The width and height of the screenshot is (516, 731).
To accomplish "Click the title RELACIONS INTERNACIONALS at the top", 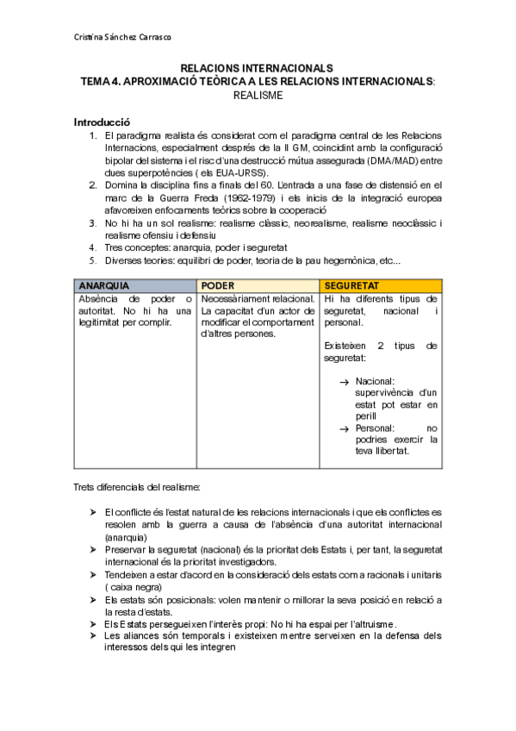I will click(257, 68).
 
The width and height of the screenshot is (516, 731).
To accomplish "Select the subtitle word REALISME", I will click(258, 96).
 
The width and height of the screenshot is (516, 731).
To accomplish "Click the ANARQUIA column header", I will click(104, 285).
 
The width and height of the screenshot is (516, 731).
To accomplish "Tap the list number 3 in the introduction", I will click(93, 222).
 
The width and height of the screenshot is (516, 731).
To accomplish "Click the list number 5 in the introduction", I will click(93, 259).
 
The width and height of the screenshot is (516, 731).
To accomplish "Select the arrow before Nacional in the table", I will click(344, 381).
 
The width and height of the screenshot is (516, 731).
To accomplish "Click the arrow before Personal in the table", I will click(344, 428).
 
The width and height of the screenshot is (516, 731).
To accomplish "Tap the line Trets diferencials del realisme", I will click(138, 487).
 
